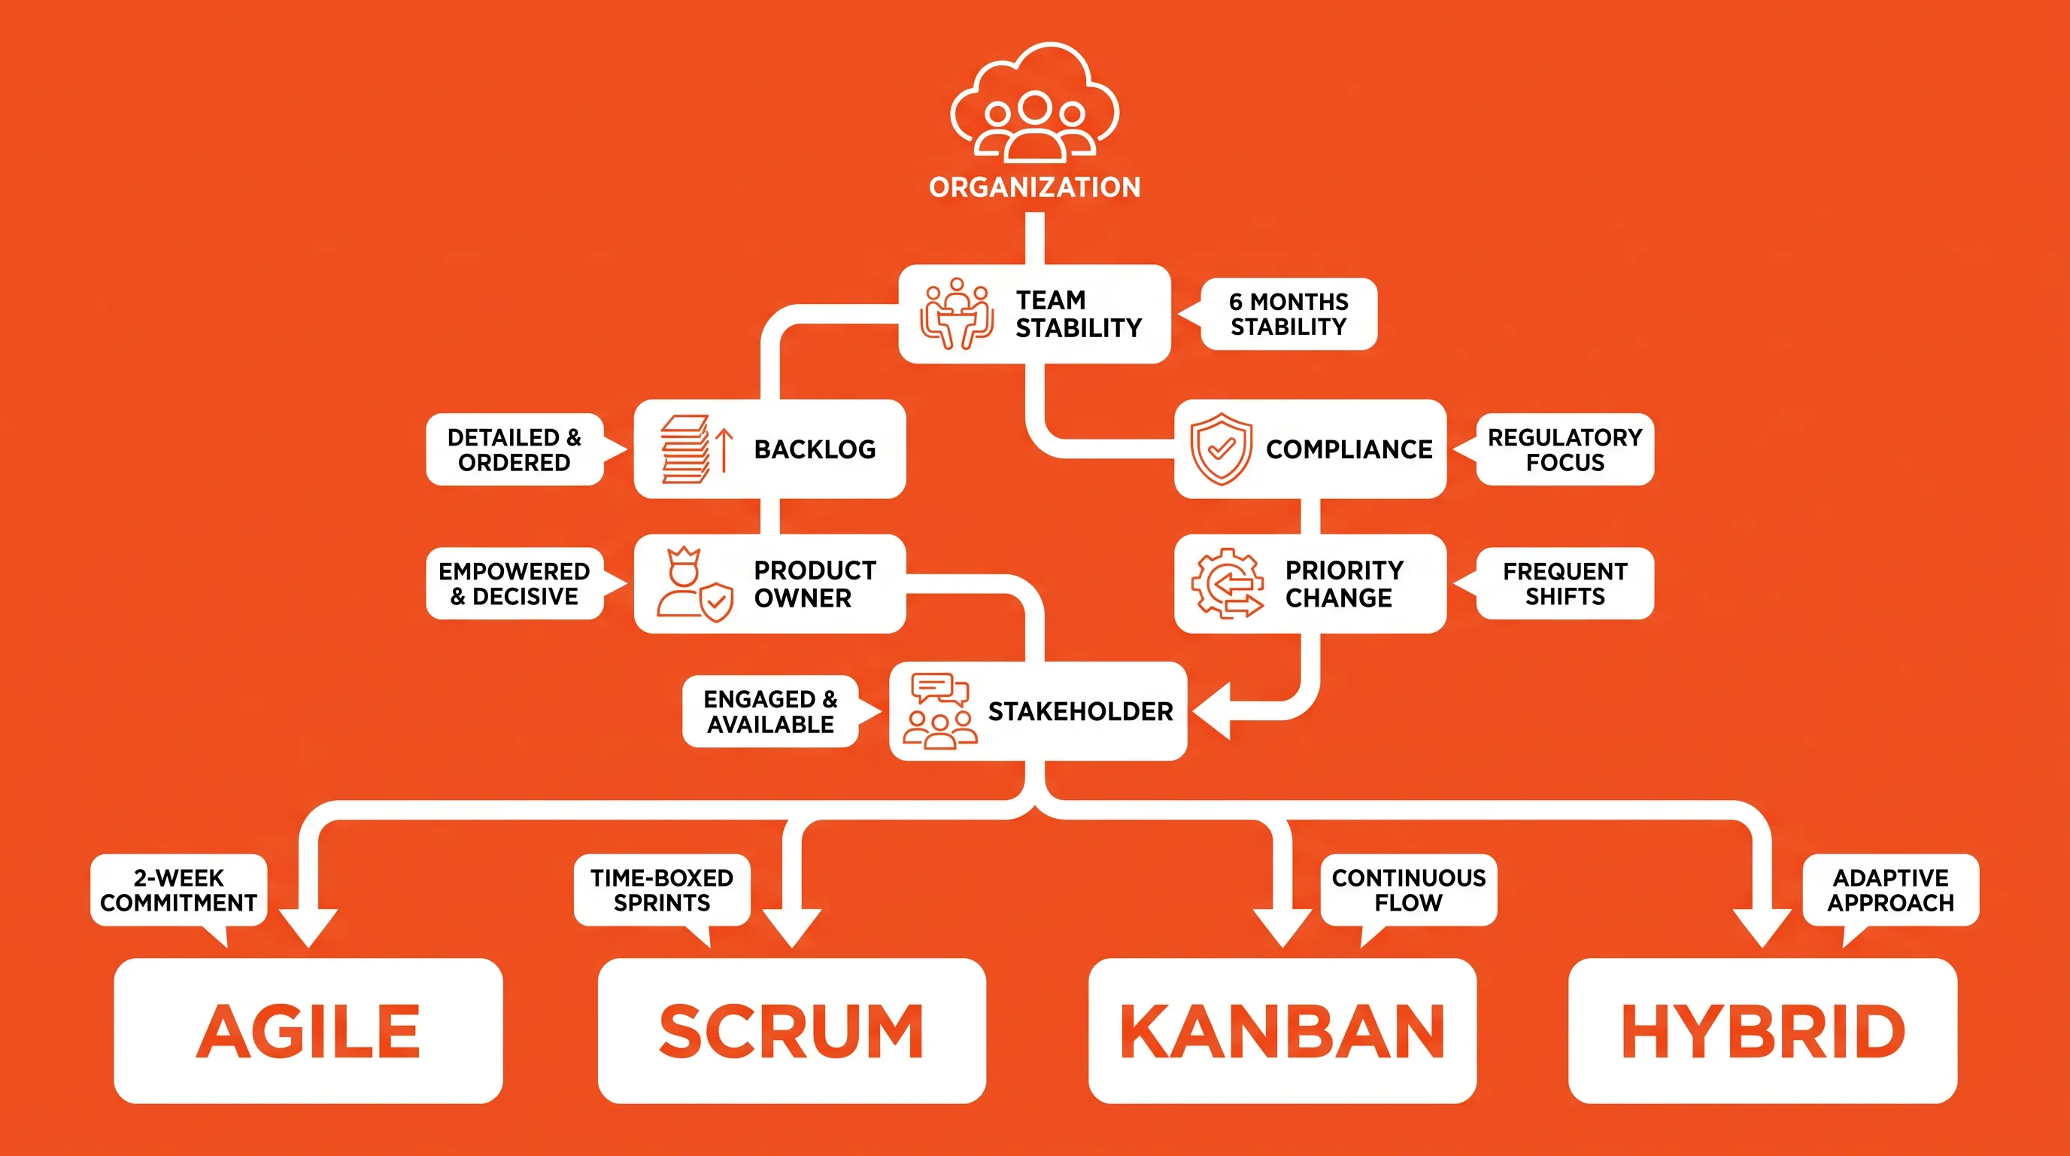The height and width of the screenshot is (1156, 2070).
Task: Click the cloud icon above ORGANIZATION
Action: click(1034, 102)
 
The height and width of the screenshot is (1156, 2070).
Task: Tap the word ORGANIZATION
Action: click(1035, 187)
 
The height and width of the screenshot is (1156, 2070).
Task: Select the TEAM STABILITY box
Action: click(1034, 314)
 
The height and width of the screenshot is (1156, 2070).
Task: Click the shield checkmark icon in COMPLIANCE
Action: click(1221, 449)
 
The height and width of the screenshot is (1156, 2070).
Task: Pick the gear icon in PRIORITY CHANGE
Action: click(1226, 583)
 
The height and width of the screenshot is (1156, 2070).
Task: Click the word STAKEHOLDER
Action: click(1080, 711)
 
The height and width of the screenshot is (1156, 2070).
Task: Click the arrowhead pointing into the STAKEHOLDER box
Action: click(1211, 710)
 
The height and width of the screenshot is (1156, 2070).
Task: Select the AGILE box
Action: click(308, 1030)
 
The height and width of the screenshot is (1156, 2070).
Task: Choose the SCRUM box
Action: click(791, 1030)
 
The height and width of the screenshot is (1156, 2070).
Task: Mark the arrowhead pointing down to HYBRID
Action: click(1762, 929)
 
